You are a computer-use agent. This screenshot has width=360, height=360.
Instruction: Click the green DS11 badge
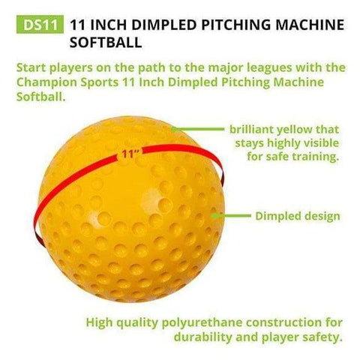(40, 24)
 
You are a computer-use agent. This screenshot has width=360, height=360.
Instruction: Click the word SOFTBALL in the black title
(106, 42)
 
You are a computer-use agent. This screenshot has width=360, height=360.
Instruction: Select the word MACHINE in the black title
(310, 25)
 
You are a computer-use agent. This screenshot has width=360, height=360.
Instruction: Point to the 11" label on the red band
(130, 154)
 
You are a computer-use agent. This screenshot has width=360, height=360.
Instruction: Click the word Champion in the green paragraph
(46, 82)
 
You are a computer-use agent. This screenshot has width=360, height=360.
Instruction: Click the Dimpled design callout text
(298, 216)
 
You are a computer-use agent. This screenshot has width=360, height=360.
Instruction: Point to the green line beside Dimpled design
(232, 216)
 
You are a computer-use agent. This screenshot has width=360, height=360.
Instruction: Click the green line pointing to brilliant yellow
(198, 129)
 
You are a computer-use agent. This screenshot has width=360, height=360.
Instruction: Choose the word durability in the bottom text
(203, 337)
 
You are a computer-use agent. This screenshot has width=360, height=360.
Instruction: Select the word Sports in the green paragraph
(99, 82)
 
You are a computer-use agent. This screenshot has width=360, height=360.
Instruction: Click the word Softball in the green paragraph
(40, 97)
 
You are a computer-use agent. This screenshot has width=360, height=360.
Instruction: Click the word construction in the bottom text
(289, 322)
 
